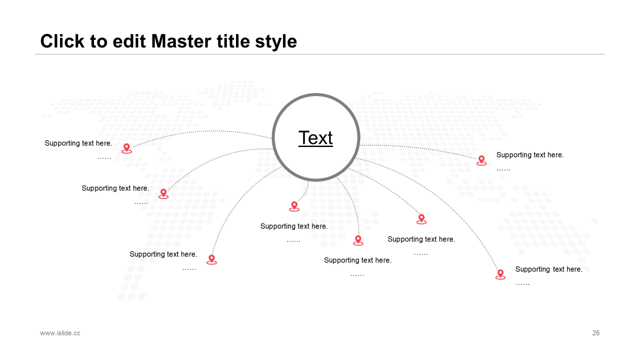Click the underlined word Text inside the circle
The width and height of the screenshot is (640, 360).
(315, 138)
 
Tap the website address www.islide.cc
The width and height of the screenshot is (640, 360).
(60, 333)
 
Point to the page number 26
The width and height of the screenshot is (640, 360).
(595, 333)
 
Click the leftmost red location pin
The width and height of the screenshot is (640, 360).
(126, 148)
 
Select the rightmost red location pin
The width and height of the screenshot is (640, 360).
(500, 274)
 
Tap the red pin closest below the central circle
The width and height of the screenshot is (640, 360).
(294, 206)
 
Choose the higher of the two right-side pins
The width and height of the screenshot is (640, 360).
(481, 160)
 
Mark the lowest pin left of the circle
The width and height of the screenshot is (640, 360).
(211, 259)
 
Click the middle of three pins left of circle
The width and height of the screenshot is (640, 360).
(163, 193)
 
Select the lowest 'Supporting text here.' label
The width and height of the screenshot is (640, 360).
(548, 269)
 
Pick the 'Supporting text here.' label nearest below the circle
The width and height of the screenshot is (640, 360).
(294, 226)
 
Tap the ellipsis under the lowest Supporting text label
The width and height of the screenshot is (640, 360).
(522, 283)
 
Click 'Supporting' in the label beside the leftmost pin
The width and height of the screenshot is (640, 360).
(61, 143)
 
